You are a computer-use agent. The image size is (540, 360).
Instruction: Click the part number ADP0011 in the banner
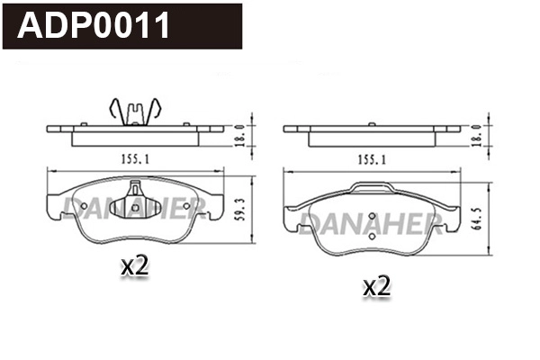click(x=95, y=26)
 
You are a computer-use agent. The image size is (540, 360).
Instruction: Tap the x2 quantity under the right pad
click(x=375, y=287)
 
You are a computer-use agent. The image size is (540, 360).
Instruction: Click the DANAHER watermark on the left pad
click(x=130, y=209)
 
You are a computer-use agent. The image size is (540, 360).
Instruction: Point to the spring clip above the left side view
click(x=133, y=111)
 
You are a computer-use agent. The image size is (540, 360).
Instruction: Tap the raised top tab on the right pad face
click(x=371, y=188)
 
